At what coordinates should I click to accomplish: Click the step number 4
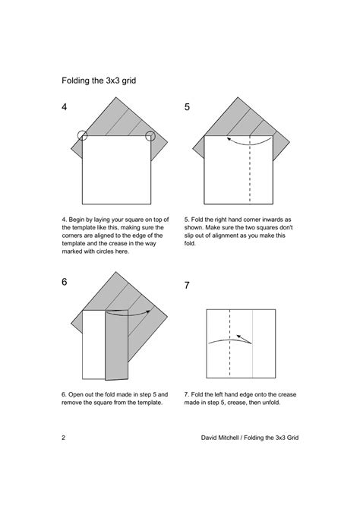(x=66, y=107)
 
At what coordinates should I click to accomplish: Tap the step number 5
(x=187, y=107)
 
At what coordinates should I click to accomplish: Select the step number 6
(x=65, y=282)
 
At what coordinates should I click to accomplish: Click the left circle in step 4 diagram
(x=82, y=136)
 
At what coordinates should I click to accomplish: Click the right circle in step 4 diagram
(x=150, y=136)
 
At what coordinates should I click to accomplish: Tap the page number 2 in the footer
(x=63, y=440)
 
